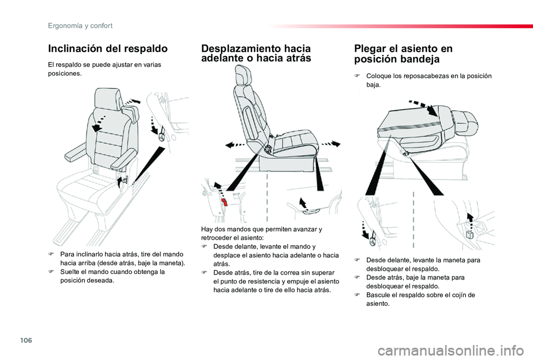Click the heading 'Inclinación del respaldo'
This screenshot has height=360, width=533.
[108, 49]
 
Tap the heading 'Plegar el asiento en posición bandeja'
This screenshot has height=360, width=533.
[403, 54]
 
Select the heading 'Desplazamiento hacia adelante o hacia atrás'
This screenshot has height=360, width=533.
[256, 53]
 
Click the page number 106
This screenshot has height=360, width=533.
[26, 340]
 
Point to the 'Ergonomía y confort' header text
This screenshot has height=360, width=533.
[80, 26]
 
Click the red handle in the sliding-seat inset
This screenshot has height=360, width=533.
[225, 203]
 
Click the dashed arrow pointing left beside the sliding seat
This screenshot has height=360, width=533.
[235, 145]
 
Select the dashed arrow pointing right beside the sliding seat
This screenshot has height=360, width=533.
[331, 143]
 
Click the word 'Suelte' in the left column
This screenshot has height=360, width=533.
[69, 272]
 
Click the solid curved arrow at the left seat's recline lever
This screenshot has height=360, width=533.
[119, 182]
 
